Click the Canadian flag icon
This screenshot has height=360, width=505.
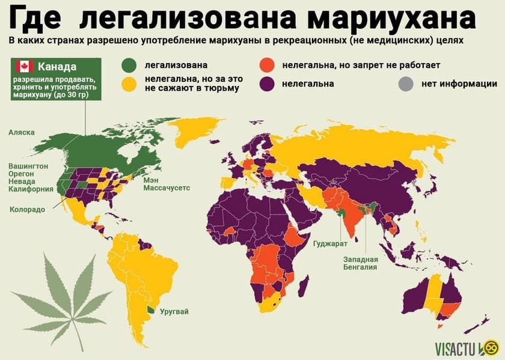click(x=23, y=67)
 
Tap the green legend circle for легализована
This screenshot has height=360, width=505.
click(x=129, y=65)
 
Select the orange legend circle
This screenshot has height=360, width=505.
click(x=267, y=65)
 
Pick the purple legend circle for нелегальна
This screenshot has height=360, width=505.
click(x=267, y=84)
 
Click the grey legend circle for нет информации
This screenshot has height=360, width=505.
click(x=406, y=84)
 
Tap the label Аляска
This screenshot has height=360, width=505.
click(x=22, y=132)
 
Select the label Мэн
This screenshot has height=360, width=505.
click(x=150, y=179)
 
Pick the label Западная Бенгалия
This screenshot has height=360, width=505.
click(x=361, y=262)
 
